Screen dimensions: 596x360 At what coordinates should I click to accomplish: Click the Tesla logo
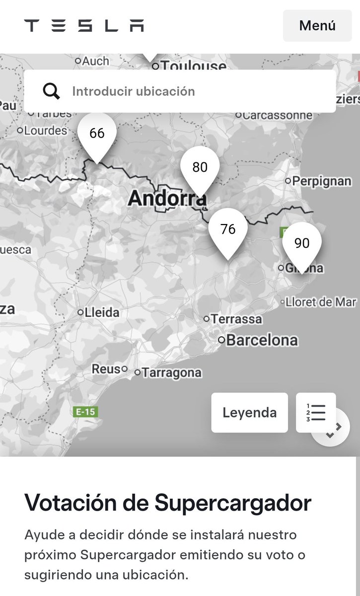click(84, 25)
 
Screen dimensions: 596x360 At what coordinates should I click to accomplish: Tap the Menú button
click(317, 25)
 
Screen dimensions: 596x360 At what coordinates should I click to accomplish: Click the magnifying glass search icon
click(51, 91)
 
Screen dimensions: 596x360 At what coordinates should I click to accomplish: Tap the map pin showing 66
click(97, 134)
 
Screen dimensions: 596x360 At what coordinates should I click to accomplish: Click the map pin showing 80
click(200, 167)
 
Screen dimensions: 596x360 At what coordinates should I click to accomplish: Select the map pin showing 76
click(228, 229)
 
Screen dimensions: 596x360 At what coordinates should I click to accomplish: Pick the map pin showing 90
click(302, 243)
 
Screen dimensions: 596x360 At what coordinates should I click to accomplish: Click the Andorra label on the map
click(167, 199)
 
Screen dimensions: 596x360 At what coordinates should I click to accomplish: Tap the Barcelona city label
click(262, 340)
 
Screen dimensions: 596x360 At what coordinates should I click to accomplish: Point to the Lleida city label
click(102, 312)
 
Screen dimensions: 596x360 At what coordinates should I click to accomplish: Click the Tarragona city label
click(171, 372)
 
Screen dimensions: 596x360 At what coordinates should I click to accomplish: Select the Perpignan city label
click(321, 181)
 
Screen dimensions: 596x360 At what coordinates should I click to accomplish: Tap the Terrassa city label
click(236, 319)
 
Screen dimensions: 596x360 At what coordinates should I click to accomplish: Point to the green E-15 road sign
click(85, 412)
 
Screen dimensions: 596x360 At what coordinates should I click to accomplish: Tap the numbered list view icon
click(316, 413)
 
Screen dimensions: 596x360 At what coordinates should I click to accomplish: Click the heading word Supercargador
click(233, 503)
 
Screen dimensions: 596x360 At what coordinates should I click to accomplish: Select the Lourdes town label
click(46, 131)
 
